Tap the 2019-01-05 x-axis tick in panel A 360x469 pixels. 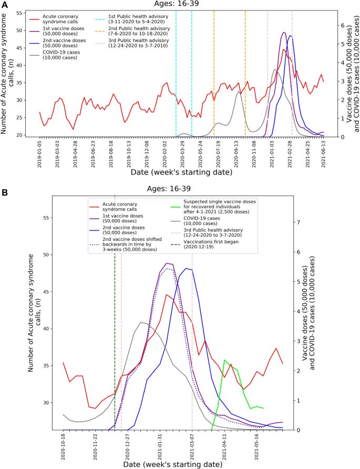(x=40, y=152)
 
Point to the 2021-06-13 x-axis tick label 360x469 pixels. (x=323, y=152)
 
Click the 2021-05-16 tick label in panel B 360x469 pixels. (x=256, y=445)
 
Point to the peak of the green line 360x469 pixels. (x=225, y=360)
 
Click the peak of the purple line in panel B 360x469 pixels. (x=167, y=263)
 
